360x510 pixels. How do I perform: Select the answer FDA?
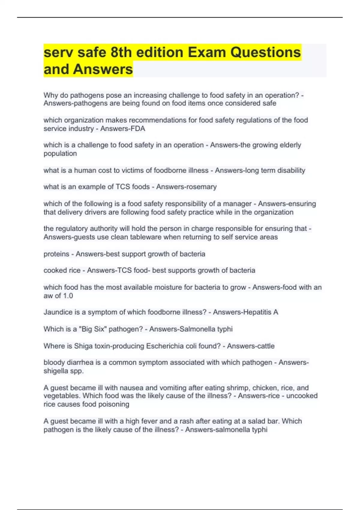click(x=138, y=129)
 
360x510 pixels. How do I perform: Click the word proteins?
click(x=56, y=254)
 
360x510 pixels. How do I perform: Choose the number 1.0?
click(x=68, y=296)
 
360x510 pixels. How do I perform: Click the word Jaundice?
click(x=58, y=312)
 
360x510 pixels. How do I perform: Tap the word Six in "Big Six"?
click(x=99, y=329)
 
